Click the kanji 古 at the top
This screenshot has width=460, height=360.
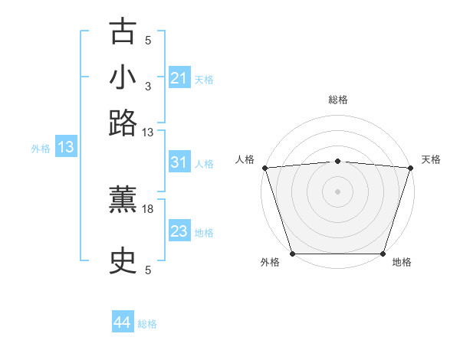click(123, 32)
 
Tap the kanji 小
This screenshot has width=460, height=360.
click(123, 77)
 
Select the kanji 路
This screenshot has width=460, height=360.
click(123, 122)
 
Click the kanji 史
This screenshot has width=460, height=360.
click(123, 261)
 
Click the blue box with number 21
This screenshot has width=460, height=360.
click(179, 78)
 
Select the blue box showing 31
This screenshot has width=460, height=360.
click(179, 162)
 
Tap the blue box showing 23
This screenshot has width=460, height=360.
click(179, 231)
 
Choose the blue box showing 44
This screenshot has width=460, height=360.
click(122, 322)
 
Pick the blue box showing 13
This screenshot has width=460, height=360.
click(65, 147)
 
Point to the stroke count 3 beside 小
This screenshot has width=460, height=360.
click(148, 86)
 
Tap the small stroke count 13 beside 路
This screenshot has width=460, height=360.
click(148, 132)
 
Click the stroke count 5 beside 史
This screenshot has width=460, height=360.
click(148, 270)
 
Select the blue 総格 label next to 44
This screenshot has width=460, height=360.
click(147, 324)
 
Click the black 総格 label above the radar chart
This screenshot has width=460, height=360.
click(337, 100)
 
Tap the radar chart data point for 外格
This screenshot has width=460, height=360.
click(292, 254)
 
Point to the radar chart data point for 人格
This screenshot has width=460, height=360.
click(264, 168)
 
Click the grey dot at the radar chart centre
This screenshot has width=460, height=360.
click(337, 191)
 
